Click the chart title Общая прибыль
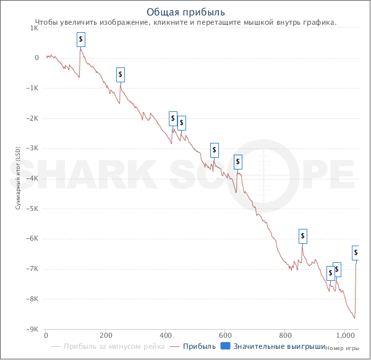pos(185,12)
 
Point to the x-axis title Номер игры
pos(341,348)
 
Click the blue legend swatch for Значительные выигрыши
pos(225,346)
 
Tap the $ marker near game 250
pos(121,75)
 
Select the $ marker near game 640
pos(238,162)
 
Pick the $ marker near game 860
pos(303,236)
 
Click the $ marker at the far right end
pos(356,253)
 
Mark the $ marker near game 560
pos(215,150)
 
